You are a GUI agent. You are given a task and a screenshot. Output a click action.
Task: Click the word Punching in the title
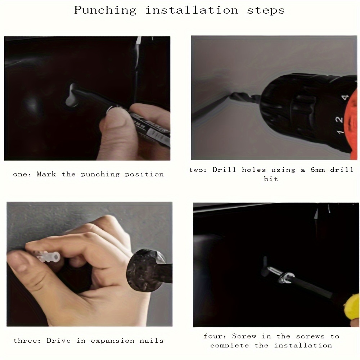click(x=105, y=10)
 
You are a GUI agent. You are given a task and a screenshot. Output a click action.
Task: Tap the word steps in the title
click(x=266, y=10)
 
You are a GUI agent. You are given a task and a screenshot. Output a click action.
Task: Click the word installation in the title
click(x=192, y=10)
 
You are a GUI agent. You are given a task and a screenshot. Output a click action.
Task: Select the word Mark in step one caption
click(x=46, y=174)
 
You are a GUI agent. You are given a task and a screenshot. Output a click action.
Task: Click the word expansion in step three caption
click(x=112, y=341)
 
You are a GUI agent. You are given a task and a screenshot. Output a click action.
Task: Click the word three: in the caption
click(x=27, y=341)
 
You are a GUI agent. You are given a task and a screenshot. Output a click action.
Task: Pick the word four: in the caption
click(x=215, y=336)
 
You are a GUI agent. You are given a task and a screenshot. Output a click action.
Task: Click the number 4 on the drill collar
click(x=345, y=97)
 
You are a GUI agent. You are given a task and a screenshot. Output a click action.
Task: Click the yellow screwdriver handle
click(x=352, y=308)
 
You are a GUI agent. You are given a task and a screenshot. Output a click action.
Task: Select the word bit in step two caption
click(x=271, y=179)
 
